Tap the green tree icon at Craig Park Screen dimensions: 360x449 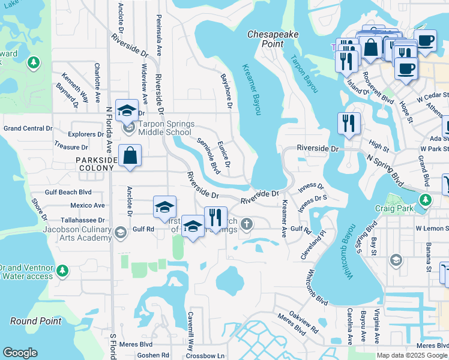click(426, 200)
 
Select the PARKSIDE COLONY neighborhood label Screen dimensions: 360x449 click(94, 164)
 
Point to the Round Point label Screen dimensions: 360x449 click(36, 321)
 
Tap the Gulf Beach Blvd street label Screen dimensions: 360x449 click(68, 193)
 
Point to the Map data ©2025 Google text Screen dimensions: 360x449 click(411, 355)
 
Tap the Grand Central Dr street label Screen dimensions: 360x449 click(28, 128)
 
